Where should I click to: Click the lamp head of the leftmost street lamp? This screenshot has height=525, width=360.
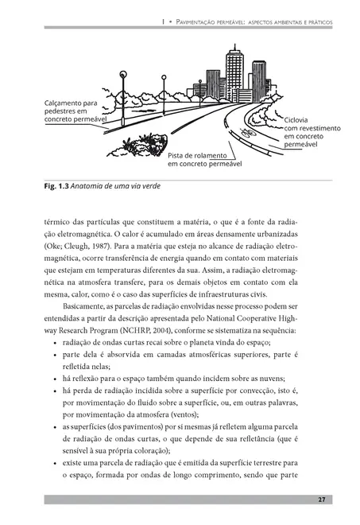pyautogui.click(x=123, y=76)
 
